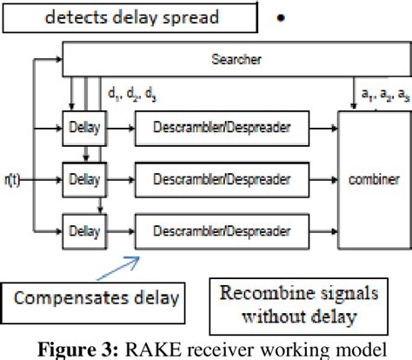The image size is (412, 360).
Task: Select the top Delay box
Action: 83,128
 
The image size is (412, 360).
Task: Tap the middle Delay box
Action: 83,180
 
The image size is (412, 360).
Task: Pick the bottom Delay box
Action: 83,231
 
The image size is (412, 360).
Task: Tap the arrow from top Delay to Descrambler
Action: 118,128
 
